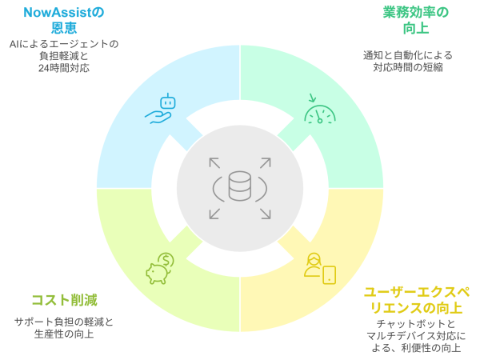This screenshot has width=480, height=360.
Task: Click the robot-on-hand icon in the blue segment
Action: click(x=160, y=109)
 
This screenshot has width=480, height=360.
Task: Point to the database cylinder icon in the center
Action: click(x=240, y=187)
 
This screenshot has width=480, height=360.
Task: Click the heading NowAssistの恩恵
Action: click(x=64, y=20)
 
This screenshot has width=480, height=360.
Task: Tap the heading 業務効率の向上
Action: click(x=415, y=20)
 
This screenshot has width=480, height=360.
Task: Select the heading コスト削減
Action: click(x=64, y=300)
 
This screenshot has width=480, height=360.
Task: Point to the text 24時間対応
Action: click(x=64, y=69)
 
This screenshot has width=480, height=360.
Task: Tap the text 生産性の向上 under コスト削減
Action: click(x=64, y=334)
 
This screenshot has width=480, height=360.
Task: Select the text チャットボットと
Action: click(x=416, y=322)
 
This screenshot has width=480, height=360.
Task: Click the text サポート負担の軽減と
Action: click(x=64, y=321)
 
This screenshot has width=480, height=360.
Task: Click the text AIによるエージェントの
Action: click(x=64, y=43)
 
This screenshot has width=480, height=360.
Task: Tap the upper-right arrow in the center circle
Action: click(x=265, y=162)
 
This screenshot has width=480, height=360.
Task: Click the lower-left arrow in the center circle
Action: click(x=214, y=214)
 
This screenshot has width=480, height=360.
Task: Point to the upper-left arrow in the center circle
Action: click(x=214, y=162)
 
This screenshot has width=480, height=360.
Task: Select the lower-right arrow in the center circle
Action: click(x=265, y=214)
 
